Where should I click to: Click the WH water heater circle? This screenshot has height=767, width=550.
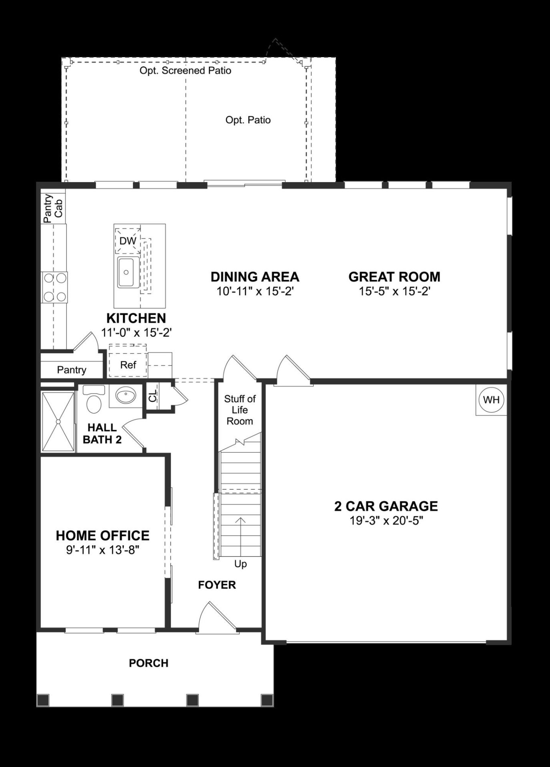(x=491, y=399)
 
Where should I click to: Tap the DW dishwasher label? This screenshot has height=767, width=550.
(x=128, y=241)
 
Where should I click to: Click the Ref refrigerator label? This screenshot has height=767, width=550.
(x=128, y=365)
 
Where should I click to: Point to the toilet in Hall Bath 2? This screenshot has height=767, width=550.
(x=94, y=402)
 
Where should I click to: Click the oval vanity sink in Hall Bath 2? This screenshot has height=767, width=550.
(x=126, y=396)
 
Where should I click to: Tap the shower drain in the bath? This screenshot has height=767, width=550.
(x=58, y=421)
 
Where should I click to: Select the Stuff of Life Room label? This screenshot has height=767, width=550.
(x=240, y=410)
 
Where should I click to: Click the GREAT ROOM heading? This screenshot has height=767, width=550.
(x=394, y=277)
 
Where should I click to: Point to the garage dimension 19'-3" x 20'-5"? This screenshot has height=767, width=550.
(x=386, y=521)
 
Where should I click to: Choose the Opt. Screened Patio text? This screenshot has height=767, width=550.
(x=185, y=71)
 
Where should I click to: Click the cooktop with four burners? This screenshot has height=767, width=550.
(x=54, y=287)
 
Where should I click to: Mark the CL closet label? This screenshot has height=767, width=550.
(x=153, y=396)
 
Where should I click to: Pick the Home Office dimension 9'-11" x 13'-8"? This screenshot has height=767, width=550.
(x=102, y=550)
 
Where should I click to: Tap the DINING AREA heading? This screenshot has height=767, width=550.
(x=255, y=277)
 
